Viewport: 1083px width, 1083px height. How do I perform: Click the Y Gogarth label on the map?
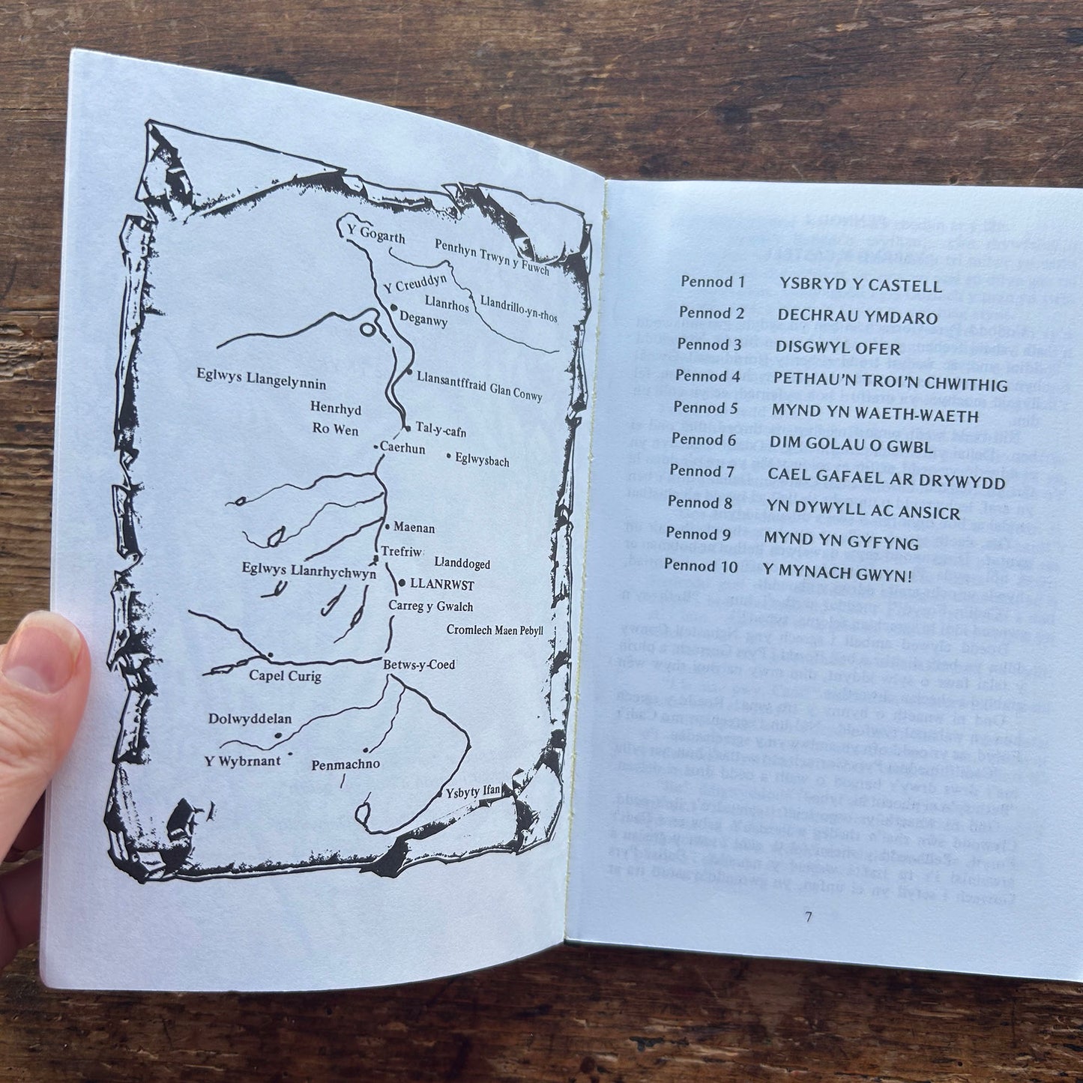click(375, 236)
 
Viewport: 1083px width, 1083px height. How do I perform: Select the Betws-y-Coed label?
click(419, 665)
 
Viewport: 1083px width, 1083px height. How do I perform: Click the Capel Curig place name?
click(285, 676)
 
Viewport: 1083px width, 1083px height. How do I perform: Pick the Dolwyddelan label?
click(250, 719)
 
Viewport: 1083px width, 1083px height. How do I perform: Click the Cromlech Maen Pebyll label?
click(495, 630)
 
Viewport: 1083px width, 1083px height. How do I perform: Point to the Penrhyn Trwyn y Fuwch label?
click(492, 255)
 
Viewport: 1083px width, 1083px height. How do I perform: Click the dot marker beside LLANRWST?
click(402, 582)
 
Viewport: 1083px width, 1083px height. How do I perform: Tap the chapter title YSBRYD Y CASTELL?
click(860, 286)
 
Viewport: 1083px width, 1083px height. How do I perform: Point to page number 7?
click(808, 917)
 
